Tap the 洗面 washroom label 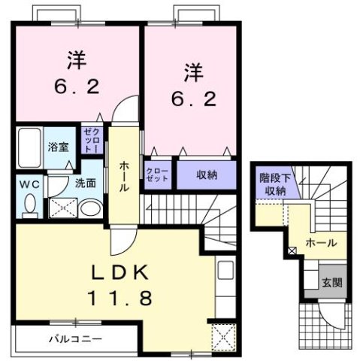point(84,183)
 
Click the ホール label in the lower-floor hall point(321,242)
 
